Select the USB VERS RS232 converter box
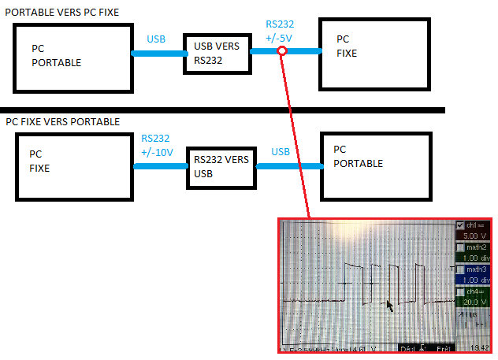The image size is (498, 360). tap(217, 54)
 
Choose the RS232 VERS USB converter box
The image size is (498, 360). tap(221, 165)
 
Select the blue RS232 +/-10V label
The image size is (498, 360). tap(157, 146)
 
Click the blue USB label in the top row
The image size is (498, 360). tap(157, 39)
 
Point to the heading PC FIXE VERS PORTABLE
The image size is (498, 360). tap(63, 122)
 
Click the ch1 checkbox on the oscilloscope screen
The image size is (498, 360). tap(461, 225)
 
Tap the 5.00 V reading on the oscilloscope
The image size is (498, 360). tap(474, 236)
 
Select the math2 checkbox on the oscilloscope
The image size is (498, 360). tap(461, 247)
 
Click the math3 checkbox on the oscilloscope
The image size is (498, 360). tap(461, 269)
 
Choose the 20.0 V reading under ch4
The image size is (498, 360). tap(474, 302)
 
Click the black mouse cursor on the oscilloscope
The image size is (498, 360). tap(388, 304)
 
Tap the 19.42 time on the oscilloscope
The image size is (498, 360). tap(477, 347)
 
